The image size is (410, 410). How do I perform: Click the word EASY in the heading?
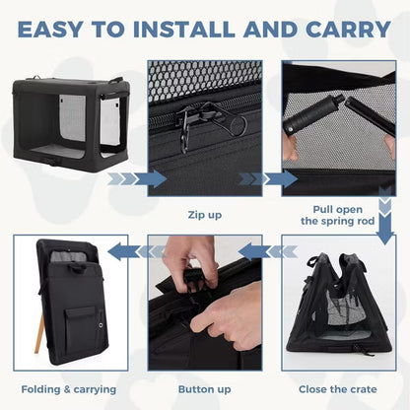[50, 30]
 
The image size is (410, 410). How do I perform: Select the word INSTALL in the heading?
[184, 30]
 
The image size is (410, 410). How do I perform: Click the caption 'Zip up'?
[205, 215]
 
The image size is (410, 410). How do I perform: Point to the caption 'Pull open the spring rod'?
[338, 216]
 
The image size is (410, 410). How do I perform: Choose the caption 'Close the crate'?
[338, 389]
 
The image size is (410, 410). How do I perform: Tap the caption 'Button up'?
[205, 389]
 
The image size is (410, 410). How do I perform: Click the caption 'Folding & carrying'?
[69, 389]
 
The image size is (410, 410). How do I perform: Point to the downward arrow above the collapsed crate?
[385, 216]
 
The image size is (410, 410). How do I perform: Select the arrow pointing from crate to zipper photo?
[137, 179]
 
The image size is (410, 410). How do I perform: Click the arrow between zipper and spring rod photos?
[268, 179]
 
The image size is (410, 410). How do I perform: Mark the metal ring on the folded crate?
[101, 325]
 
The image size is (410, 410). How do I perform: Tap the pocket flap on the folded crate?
[80, 313]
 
